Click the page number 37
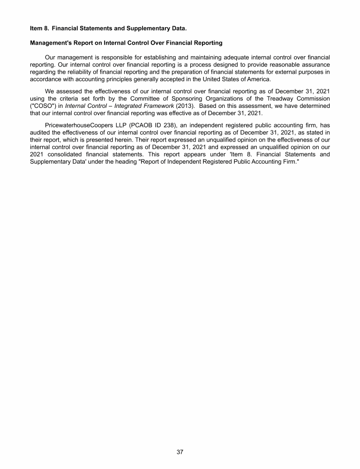[180, 452]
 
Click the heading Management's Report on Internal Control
[126, 43]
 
